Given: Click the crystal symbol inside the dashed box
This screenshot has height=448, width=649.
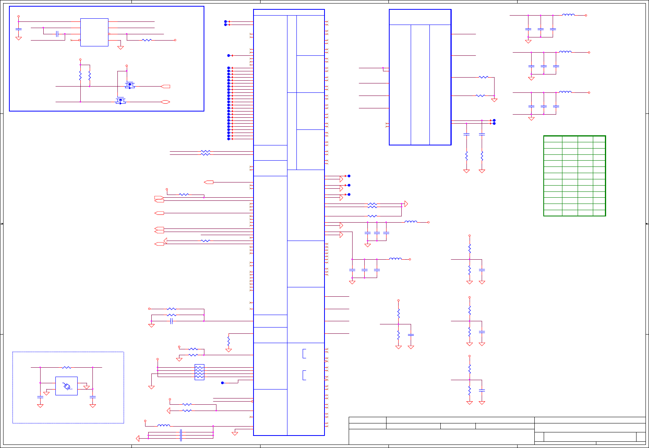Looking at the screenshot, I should click(x=67, y=386).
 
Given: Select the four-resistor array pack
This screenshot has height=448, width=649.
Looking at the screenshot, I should click(x=199, y=372).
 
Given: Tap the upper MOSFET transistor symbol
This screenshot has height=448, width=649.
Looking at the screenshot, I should click(x=129, y=85).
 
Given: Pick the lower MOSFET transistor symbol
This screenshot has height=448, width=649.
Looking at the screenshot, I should click(x=120, y=101).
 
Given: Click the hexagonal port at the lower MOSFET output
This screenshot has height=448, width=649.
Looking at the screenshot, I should click(x=165, y=102).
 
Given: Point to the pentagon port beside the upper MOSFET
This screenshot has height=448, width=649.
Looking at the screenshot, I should click(x=165, y=86).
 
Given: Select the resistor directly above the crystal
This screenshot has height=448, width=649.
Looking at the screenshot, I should click(x=67, y=367).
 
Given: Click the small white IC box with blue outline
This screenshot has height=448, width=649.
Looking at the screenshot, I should click(x=94, y=32).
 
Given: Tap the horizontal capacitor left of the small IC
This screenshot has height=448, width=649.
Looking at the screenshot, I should click(x=57, y=34).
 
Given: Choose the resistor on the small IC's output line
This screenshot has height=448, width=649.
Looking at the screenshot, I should click(x=147, y=40).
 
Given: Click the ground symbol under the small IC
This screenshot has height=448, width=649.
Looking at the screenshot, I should click(x=121, y=48).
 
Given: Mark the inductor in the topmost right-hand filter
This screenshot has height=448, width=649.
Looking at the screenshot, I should click(x=568, y=15).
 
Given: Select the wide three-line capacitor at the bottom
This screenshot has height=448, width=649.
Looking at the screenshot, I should click(x=181, y=435).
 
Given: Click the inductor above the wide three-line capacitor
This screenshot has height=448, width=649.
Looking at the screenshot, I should click(x=164, y=425).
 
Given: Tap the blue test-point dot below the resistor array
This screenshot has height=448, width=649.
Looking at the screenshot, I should click(x=223, y=383).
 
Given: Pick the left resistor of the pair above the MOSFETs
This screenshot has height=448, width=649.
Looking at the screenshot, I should click(x=80, y=75).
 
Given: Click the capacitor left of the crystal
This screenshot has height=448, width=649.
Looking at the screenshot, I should click(x=40, y=397).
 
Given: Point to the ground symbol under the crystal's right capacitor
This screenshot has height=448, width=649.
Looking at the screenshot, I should click(x=93, y=406).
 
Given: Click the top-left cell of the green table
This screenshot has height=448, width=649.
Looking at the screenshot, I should click(x=553, y=139).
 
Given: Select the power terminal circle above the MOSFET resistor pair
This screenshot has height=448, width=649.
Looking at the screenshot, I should click(x=80, y=60).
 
